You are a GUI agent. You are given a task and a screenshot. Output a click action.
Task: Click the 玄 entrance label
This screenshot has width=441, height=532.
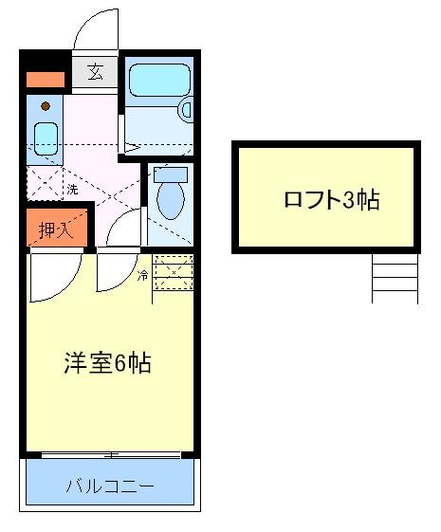point(96,71)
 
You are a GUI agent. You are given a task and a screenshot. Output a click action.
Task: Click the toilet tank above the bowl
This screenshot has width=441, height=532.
point(171,174)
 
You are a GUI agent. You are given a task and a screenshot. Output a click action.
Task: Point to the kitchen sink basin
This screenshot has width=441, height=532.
point(45,137)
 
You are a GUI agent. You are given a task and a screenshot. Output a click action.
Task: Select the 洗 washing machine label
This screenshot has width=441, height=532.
point(72,190)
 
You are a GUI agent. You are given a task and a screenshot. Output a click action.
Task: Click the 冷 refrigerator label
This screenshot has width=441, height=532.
point(142,276)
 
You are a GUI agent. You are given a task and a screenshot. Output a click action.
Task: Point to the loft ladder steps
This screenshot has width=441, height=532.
point(394,277)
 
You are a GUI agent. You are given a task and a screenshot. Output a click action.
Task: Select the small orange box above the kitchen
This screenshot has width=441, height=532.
point(44,80)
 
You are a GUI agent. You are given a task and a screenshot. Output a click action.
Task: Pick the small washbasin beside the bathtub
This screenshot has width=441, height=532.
point(186,110)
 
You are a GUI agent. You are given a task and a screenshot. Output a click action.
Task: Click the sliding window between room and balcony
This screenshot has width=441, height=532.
point(111,455)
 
